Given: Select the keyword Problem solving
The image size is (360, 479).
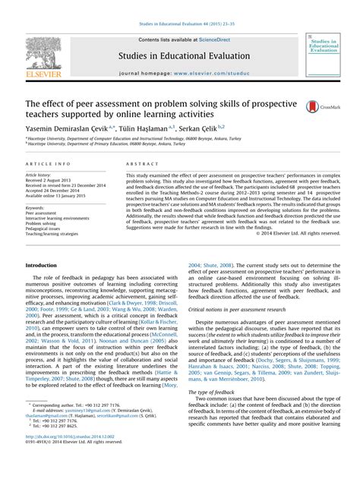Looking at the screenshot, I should pyautogui.click(x=44, y=225).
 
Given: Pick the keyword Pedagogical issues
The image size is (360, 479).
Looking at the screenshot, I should pyautogui.click(x=45, y=231).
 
